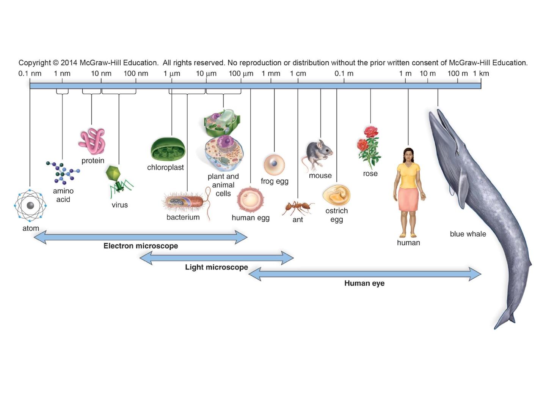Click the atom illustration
(x=30, y=205)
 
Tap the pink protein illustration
(x=92, y=141)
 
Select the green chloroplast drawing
(x=168, y=150)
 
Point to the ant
(x=298, y=208)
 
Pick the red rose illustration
(x=369, y=147)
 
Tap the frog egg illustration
(x=274, y=165)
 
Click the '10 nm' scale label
(x=101, y=74)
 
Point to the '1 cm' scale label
(x=298, y=74)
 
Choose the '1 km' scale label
(x=480, y=74)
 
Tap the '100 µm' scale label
(x=241, y=74)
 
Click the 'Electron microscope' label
(x=141, y=246)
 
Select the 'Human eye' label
(x=364, y=283)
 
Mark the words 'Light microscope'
(x=217, y=267)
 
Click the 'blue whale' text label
(x=468, y=234)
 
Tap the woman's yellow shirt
(x=408, y=175)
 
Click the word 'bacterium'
(x=183, y=217)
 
